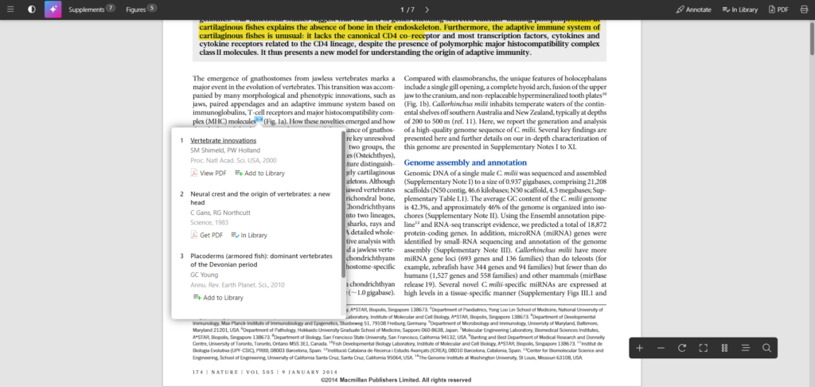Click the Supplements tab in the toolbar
click(92, 10)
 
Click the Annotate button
click(694, 10)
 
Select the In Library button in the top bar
click(739, 10)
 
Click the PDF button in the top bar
click(778, 10)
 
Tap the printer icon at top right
click(804, 10)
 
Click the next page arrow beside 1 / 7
click(427, 10)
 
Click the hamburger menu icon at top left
click(10, 10)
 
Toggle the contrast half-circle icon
click(32, 10)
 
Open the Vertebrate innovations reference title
click(223, 140)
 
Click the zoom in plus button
click(639, 348)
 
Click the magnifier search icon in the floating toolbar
click(766, 348)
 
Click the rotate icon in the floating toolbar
click(682, 348)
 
